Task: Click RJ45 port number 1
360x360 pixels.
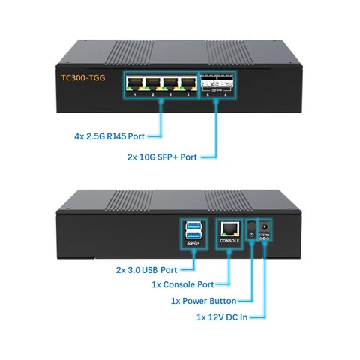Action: (x=136, y=83)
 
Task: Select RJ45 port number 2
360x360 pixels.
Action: (x=154, y=83)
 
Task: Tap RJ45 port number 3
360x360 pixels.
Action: (x=171, y=83)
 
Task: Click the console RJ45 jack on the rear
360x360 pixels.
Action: (x=229, y=229)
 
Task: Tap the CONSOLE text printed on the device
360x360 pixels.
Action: (x=229, y=241)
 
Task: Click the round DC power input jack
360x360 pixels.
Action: (x=264, y=225)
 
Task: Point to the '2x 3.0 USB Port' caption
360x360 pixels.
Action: (x=146, y=269)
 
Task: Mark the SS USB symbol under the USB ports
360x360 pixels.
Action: (x=192, y=246)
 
